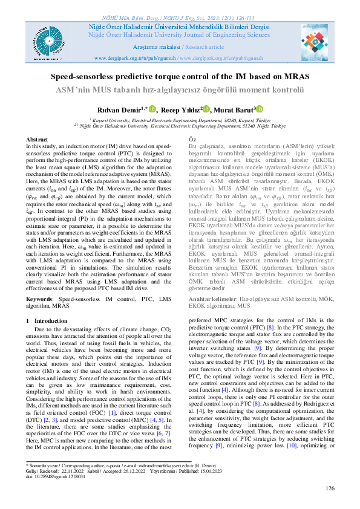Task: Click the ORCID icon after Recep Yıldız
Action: (x=208, y=109)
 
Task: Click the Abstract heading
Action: (x=37, y=139)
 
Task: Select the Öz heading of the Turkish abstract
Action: (x=193, y=140)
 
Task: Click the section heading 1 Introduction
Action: (x=47, y=321)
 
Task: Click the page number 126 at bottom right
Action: (x=329, y=488)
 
